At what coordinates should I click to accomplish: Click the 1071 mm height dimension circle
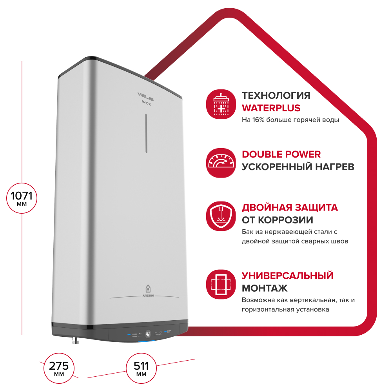point(22,198)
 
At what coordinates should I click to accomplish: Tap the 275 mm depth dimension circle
point(59,368)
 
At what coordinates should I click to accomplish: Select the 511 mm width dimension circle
point(141,368)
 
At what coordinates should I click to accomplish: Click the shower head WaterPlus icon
point(221,104)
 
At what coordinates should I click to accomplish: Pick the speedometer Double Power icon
point(221,163)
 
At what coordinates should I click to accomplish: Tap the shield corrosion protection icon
point(221,216)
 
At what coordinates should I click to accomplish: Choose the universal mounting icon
point(221,284)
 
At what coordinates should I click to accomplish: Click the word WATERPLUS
point(271,108)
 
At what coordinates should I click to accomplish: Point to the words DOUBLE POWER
point(281,154)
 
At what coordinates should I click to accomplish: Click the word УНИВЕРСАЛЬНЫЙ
point(287,276)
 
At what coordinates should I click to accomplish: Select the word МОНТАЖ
point(265,288)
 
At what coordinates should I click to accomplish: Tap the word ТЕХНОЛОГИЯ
point(276,96)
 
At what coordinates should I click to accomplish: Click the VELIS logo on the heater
point(145,96)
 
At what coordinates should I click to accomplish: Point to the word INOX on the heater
point(146,103)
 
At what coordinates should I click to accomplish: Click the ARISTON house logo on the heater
point(148,291)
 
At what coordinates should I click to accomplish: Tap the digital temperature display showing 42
point(148,334)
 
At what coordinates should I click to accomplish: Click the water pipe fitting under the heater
point(76,340)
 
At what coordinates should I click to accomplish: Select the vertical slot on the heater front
point(146,133)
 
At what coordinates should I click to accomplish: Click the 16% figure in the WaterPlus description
point(258,120)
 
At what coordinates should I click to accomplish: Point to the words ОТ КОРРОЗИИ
point(278,220)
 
